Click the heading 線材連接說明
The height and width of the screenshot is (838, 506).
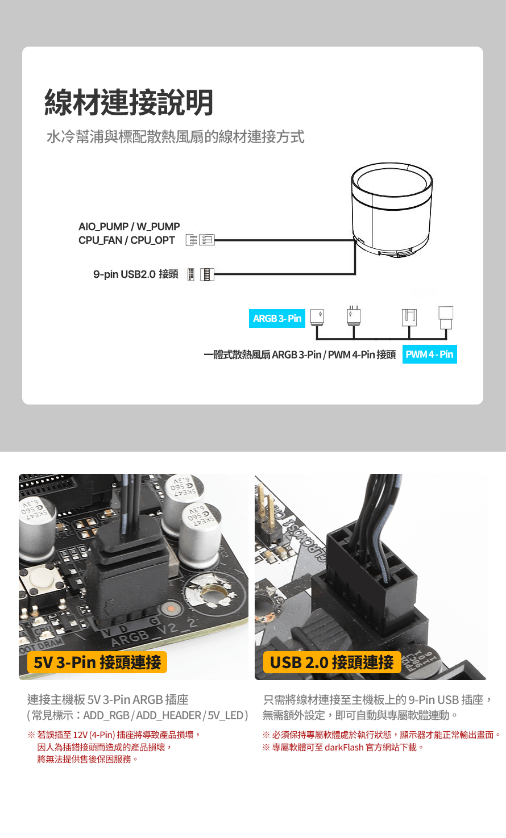[128, 102]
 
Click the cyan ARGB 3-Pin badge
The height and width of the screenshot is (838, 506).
[277, 318]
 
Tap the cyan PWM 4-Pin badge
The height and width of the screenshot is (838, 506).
[430, 354]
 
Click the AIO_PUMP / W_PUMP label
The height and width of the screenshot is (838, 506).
[129, 226]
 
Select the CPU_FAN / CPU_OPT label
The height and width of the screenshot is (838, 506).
[126, 240]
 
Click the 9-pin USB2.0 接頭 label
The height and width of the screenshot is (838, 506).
[136, 274]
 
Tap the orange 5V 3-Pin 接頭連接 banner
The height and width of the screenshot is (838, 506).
[97, 662]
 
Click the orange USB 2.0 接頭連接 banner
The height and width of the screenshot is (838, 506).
[332, 662]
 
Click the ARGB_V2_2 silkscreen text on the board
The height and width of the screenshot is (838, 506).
[154, 632]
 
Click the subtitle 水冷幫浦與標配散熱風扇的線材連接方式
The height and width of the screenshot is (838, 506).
[176, 136]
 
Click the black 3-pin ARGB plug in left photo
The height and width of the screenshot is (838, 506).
[127, 576]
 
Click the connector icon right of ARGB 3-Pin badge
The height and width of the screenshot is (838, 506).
[317, 317]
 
